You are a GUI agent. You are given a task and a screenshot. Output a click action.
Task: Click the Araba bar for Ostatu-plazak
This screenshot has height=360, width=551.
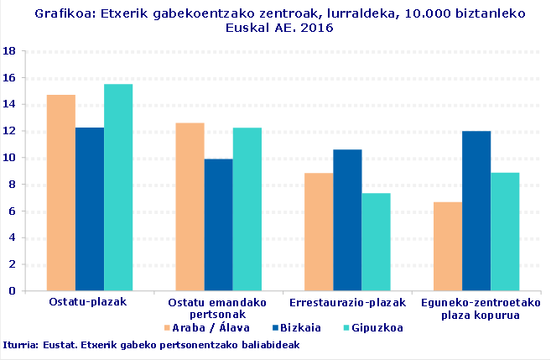(x=61, y=193)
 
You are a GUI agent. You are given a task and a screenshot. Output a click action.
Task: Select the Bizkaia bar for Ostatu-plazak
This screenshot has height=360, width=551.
(x=90, y=209)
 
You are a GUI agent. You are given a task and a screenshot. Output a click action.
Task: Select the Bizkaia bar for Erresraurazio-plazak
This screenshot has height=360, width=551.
(x=347, y=220)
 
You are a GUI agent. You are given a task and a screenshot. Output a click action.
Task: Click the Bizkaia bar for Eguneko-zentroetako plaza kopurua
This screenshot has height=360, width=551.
(x=476, y=211)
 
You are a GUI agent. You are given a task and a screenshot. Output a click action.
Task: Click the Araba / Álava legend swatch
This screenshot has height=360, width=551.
(x=166, y=328)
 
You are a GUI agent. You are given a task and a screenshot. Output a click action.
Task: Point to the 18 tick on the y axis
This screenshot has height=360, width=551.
(x=11, y=51)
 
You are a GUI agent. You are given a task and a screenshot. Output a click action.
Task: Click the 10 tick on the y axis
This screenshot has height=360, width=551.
(x=11, y=158)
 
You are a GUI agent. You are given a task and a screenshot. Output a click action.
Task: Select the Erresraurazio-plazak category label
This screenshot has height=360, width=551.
(x=347, y=301)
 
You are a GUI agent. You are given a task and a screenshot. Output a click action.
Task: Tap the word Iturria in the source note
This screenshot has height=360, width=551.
(x=19, y=345)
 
